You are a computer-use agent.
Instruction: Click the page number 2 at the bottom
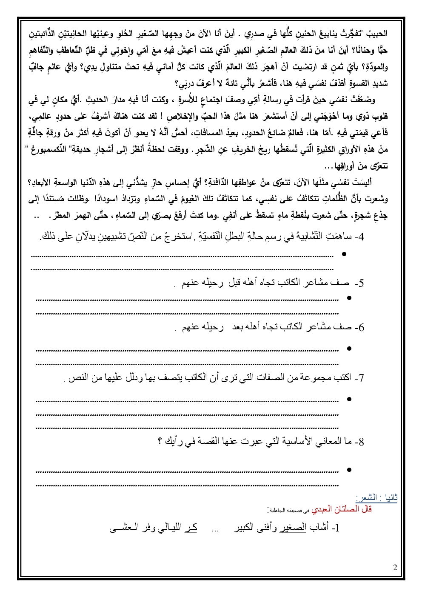click(395, 568)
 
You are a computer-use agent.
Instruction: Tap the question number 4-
click(359, 237)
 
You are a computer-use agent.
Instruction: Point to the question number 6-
click(359, 327)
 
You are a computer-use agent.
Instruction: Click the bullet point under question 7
click(349, 399)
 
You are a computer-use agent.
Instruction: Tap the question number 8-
click(359, 442)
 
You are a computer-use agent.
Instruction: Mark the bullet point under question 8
click(349, 470)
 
